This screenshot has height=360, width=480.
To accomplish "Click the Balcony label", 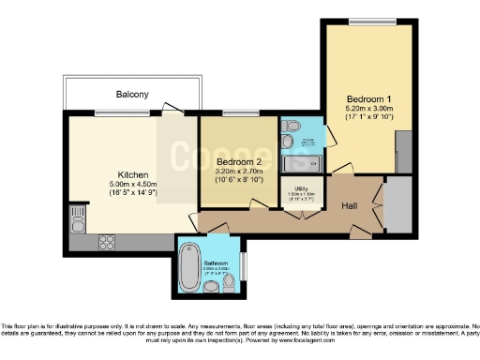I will pos(132,95).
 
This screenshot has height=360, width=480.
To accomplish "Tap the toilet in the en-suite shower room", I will pos(288,140).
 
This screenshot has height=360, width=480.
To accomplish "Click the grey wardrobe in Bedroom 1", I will pos(404,150).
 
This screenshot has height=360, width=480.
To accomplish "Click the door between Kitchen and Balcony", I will pos(174,113).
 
